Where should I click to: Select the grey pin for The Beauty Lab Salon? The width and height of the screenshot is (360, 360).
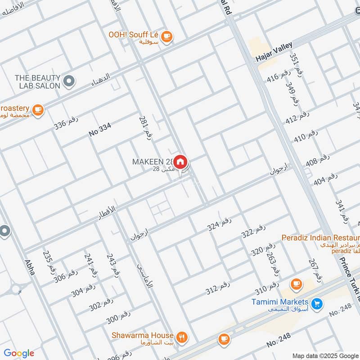pyautogui.click(x=68, y=81)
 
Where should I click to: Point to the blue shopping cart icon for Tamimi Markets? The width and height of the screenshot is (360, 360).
pyautogui.click(x=317, y=304)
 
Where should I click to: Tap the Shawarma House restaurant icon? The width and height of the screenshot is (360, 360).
pyautogui.click(x=182, y=337)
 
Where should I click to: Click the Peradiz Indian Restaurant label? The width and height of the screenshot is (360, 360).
pyautogui.click(x=319, y=237)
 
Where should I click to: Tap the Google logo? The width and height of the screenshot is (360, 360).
pyautogui.click(x=19, y=353)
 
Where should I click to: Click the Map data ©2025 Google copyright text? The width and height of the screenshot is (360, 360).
pyautogui.click(x=325, y=355)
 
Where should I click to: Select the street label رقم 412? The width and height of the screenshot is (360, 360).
pyautogui.click(x=297, y=117)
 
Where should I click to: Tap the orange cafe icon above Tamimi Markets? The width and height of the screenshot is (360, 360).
pyautogui.click(x=296, y=283)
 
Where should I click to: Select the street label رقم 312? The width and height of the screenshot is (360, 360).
pyautogui.click(x=218, y=287)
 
